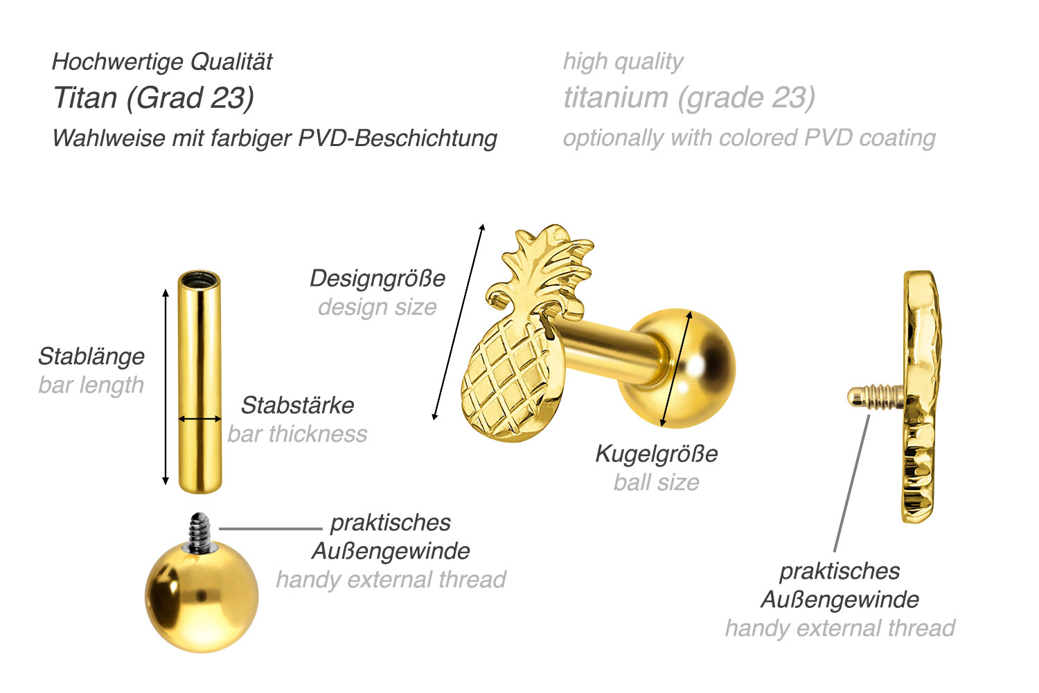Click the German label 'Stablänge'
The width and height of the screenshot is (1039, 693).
tap(91, 357)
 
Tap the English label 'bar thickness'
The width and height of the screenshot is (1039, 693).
tap(297, 434)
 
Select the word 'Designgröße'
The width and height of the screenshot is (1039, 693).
tap(377, 278)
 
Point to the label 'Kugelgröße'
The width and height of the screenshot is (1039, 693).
tap(656, 454)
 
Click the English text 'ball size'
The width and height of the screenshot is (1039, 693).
tap(656, 483)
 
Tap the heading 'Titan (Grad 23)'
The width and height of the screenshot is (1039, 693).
tap(154, 98)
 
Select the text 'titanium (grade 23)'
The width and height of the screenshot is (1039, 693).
tap(689, 98)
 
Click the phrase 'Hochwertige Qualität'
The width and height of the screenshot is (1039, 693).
tap(162, 62)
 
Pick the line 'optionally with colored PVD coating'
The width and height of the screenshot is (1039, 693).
tap(749, 138)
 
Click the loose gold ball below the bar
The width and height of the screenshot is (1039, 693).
tap(201, 595)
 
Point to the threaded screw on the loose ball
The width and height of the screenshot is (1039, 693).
tap(199, 532)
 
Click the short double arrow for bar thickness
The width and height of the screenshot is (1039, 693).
tap(199, 419)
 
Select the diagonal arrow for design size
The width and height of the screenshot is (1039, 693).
tap(458, 322)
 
